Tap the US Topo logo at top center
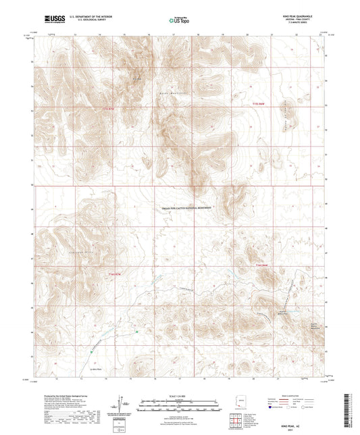(177, 20)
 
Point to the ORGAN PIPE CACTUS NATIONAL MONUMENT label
(188, 209)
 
